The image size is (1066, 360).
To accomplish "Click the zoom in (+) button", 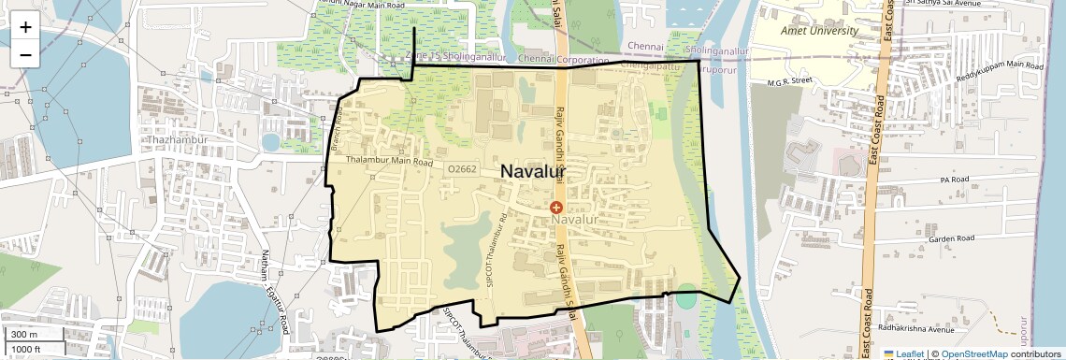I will tap(25, 27).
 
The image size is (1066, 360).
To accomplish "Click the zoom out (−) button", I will tap(25, 55).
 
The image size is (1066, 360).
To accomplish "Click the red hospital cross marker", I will tap(556, 207).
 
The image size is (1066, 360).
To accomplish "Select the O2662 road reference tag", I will tap(462, 169).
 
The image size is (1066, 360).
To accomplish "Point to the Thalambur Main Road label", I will tap(389, 162).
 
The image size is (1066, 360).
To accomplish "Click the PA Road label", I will tap(957, 179).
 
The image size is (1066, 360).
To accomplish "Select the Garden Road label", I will tap(952, 239).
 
